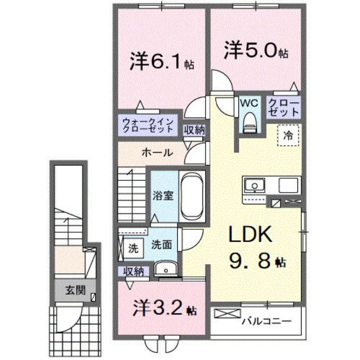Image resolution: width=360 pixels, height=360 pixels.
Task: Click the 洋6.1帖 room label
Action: tap(162, 62)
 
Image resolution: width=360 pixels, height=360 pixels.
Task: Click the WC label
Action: tap(249, 103)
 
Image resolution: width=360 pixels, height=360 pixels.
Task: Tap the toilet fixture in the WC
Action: tap(249, 121)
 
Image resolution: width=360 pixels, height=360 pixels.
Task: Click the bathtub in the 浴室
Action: tap(192, 196)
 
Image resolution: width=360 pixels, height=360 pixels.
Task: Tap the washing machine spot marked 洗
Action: tap(133, 247)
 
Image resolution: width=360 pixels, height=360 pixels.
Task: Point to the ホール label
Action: tap(157, 153)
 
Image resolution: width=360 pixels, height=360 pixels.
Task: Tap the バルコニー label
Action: tap(266, 321)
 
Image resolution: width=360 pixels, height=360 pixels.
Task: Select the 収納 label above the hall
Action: tap(194, 130)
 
